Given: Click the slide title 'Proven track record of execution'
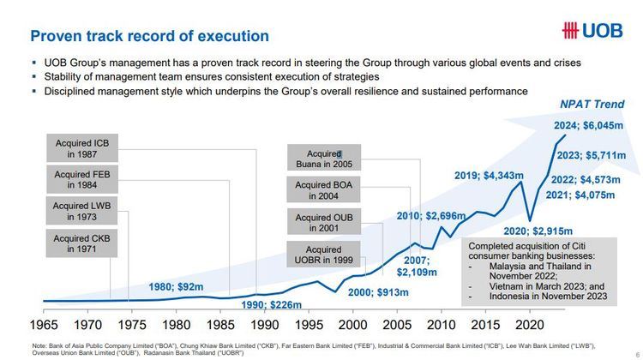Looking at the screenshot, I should click(150, 36).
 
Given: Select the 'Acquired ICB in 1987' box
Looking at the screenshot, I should click(82, 149).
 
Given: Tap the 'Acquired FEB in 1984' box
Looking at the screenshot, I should click(82, 180).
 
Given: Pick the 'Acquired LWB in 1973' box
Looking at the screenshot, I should click(82, 211).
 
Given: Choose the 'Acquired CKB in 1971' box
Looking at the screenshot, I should click(82, 243).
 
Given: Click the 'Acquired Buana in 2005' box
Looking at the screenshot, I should click(318, 158).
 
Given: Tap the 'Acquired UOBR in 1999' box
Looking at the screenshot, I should click(318, 255).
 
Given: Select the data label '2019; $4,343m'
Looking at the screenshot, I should click(488, 176).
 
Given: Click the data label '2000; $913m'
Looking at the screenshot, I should click(378, 292).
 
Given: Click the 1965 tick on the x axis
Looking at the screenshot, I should click(45, 326).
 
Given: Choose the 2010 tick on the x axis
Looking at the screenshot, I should click(441, 326).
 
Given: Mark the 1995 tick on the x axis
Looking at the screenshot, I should click(309, 326).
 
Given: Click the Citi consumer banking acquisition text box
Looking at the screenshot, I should click(539, 271).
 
